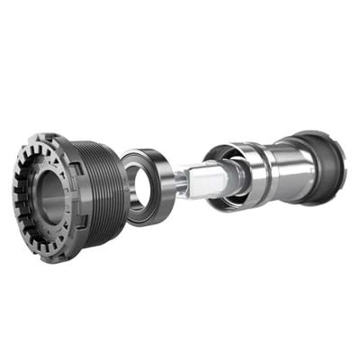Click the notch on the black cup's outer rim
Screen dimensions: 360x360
[x=334, y=145]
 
